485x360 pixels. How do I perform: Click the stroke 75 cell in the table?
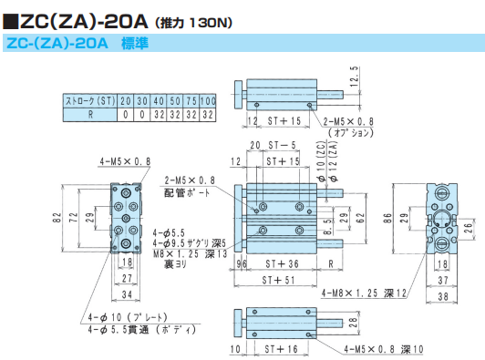[191, 101]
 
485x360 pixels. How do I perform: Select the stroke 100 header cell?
[208, 101]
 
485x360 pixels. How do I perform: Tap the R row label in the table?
[90, 115]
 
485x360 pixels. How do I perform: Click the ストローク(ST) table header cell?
[90, 101]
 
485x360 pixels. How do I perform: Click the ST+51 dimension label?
[278, 280]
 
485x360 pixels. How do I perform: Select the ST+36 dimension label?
[282, 263]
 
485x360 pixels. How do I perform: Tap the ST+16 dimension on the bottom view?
[281, 349]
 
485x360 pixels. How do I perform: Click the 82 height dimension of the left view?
[57, 218]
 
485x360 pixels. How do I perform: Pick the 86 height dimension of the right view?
[387, 218]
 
